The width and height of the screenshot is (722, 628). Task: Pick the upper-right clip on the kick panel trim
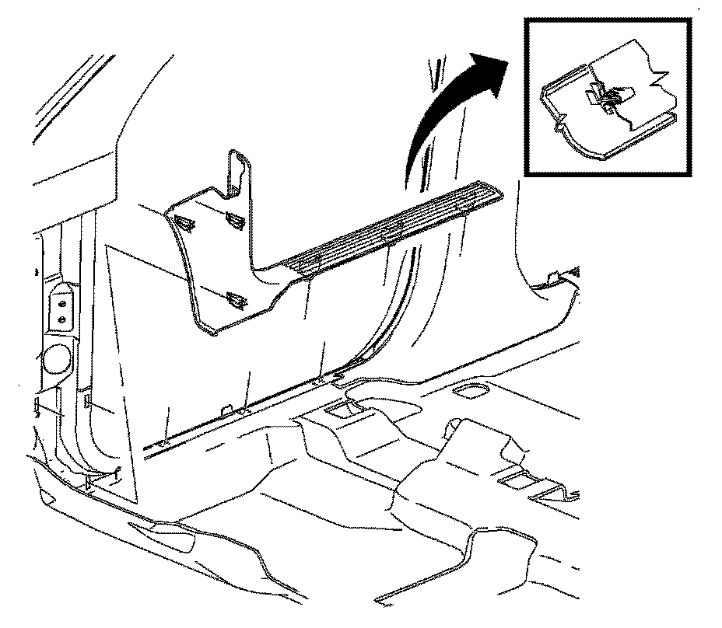[x=233, y=219]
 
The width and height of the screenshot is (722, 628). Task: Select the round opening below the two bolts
[x=56, y=360]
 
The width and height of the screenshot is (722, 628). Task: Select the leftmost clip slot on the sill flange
[x=165, y=442]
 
